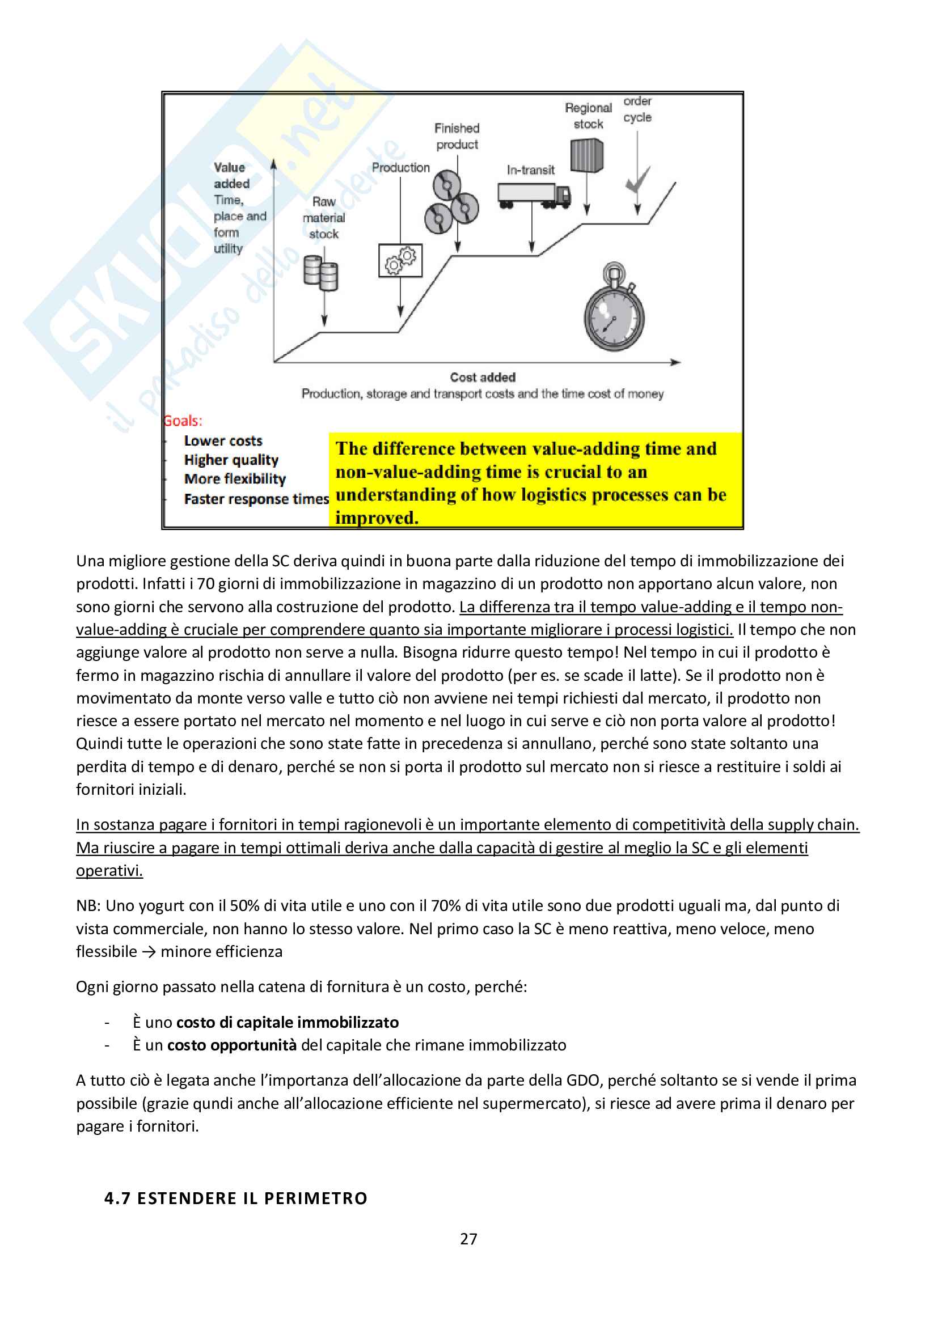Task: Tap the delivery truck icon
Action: (x=534, y=196)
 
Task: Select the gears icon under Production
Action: (x=400, y=260)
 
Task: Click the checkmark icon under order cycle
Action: (x=637, y=181)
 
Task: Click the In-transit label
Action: (x=530, y=170)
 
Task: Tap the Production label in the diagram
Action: (x=400, y=167)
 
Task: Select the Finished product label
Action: (x=457, y=136)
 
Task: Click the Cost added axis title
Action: (x=482, y=377)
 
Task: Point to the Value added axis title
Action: (x=230, y=176)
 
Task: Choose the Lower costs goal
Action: (x=223, y=440)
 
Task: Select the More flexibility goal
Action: (x=235, y=479)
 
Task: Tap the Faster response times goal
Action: (x=256, y=499)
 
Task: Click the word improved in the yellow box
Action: (x=377, y=518)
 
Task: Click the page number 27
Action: (x=468, y=1239)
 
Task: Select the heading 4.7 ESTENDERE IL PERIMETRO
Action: (x=236, y=1198)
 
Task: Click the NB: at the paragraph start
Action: (x=88, y=905)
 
